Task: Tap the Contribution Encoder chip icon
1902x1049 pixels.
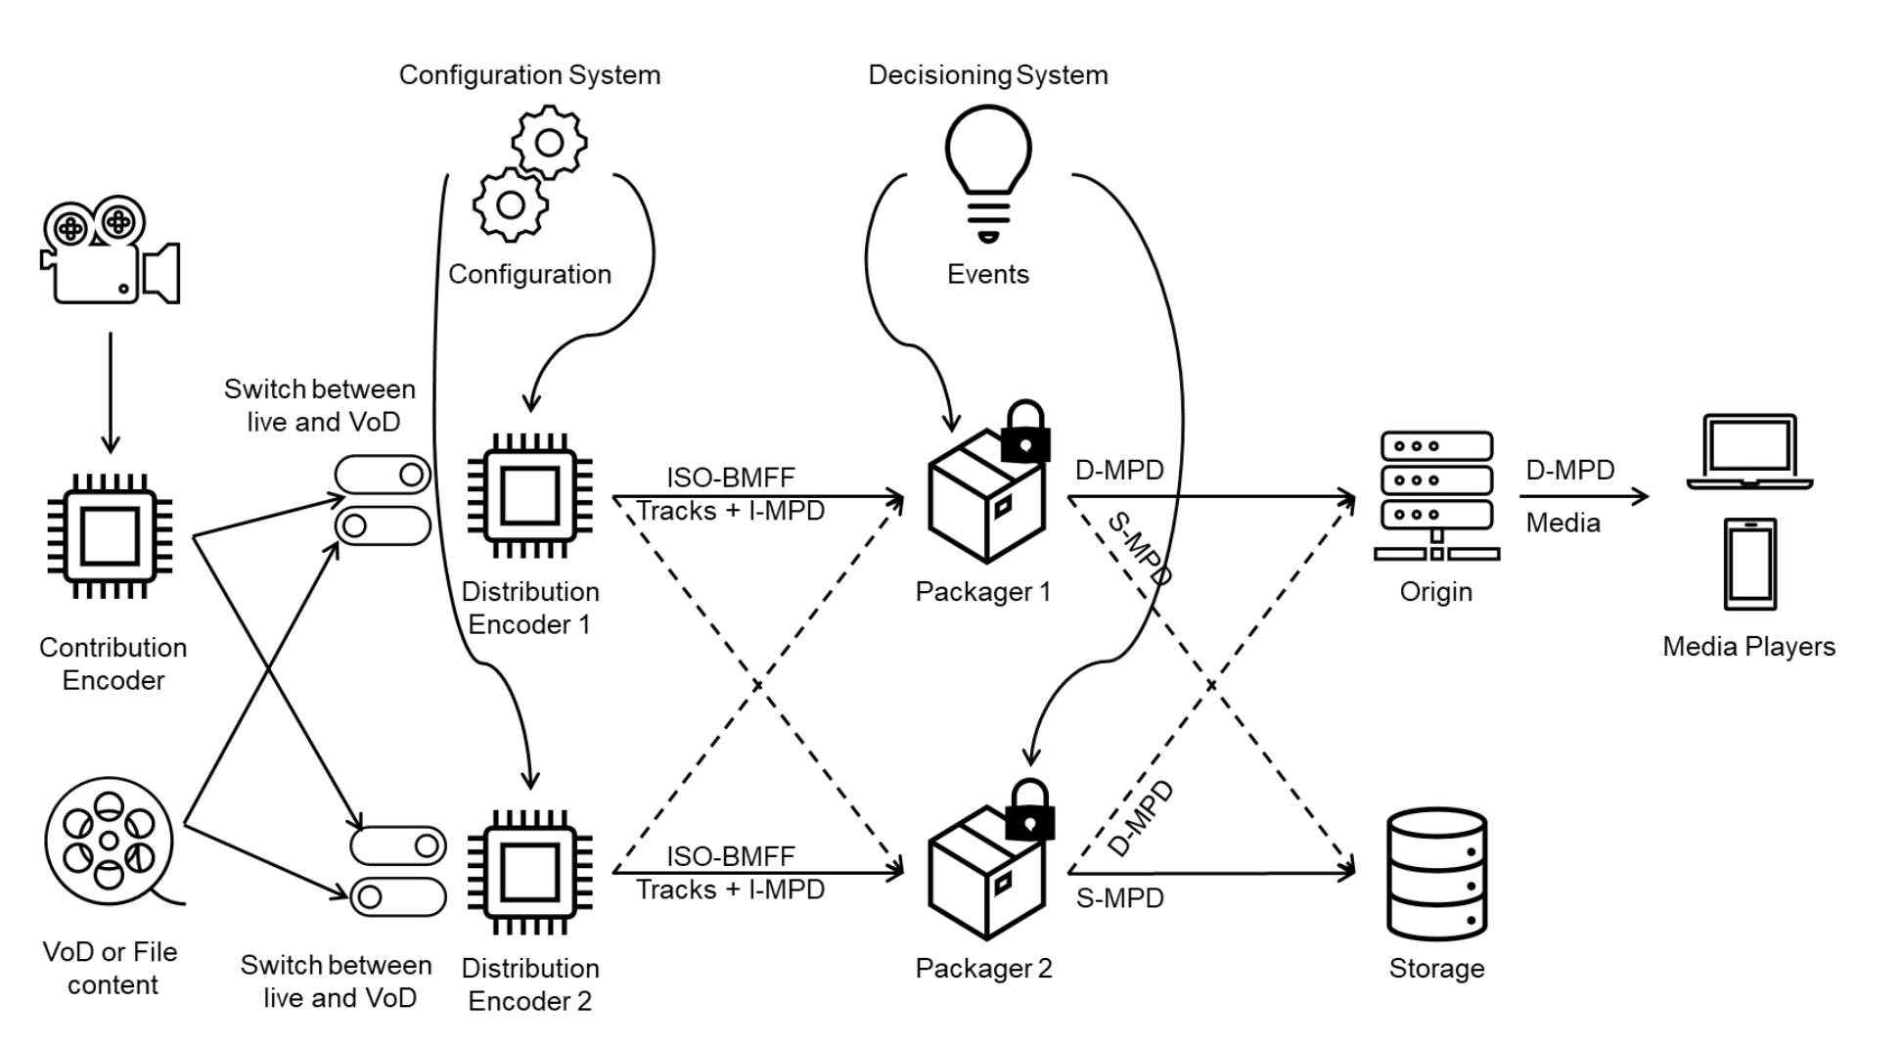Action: tap(110, 535)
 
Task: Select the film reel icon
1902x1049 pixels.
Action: tap(110, 841)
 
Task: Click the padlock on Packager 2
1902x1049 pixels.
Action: tap(1028, 811)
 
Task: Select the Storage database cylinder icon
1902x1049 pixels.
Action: tap(1436, 874)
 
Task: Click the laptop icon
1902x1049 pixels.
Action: tap(1749, 451)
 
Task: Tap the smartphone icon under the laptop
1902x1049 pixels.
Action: tap(1749, 565)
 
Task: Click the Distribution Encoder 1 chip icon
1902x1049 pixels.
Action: tap(529, 496)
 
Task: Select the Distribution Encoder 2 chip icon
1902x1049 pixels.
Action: tap(529, 872)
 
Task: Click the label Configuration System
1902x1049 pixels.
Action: tap(529, 75)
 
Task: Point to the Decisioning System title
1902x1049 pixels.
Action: tap(987, 75)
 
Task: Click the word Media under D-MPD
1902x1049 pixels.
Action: tap(1562, 523)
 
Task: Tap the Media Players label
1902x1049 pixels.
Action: tap(1748, 646)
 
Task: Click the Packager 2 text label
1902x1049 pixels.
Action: tap(983, 968)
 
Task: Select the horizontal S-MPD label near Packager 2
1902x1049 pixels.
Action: tap(1119, 897)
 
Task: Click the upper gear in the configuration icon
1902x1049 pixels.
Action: tap(549, 143)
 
